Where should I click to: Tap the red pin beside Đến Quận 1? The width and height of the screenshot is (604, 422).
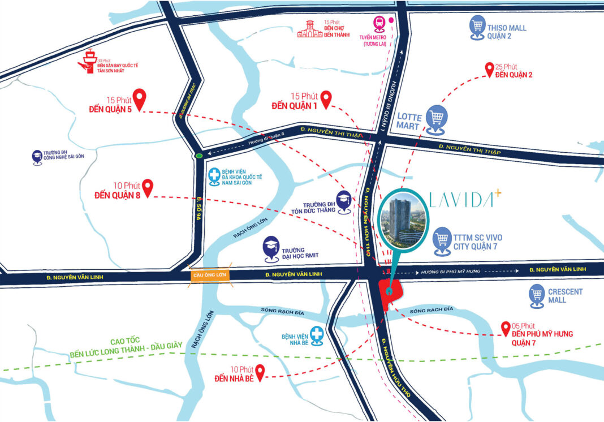pos(326,100)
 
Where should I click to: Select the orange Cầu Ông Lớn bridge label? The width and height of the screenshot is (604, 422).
pos(209,274)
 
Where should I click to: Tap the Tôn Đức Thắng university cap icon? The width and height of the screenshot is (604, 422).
pos(343,199)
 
